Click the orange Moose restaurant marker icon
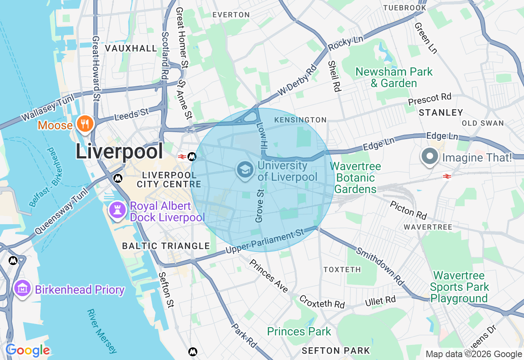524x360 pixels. point(85,124)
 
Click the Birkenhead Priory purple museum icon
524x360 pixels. point(23,289)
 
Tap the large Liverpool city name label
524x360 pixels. point(119,151)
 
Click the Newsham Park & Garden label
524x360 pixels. point(394,77)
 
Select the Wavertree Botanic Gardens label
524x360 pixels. point(355,178)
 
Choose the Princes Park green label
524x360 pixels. point(299,331)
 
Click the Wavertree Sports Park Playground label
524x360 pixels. point(459,287)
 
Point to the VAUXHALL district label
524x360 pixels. point(131,48)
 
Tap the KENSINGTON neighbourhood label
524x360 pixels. point(300,120)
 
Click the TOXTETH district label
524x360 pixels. point(342,270)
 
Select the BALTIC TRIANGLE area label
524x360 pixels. point(166,246)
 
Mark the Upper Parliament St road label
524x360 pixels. point(265,242)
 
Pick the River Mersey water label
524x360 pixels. point(102,331)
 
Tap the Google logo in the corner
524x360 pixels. point(27,351)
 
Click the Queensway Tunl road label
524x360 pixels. point(61,211)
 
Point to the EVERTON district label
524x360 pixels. point(231,15)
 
